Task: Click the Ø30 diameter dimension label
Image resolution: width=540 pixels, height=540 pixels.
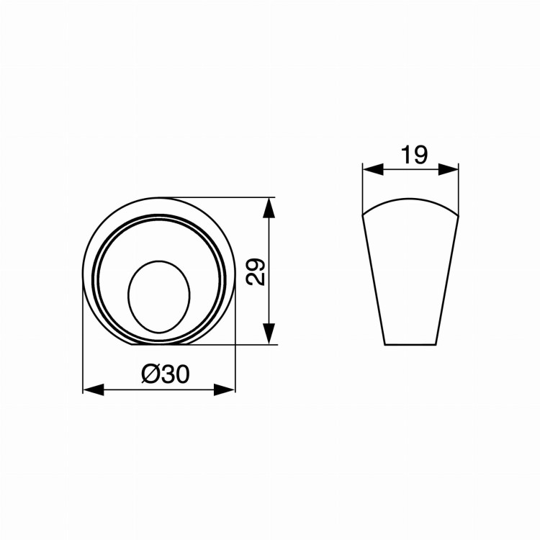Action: point(166,374)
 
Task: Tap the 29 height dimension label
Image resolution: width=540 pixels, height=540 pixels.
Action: point(256,272)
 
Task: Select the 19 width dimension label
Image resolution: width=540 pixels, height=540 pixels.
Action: point(415,155)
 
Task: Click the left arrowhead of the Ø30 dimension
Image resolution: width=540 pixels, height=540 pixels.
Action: point(94,390)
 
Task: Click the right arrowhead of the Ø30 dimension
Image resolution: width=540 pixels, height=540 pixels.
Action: point(225,390)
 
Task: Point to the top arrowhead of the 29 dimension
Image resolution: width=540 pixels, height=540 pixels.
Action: point(269,208)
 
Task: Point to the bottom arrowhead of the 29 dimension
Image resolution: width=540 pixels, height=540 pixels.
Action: point(269,333)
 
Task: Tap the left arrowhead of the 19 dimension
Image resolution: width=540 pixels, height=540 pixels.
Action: point(373,169)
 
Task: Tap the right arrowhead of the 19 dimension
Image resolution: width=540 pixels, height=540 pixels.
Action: point(449,169)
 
